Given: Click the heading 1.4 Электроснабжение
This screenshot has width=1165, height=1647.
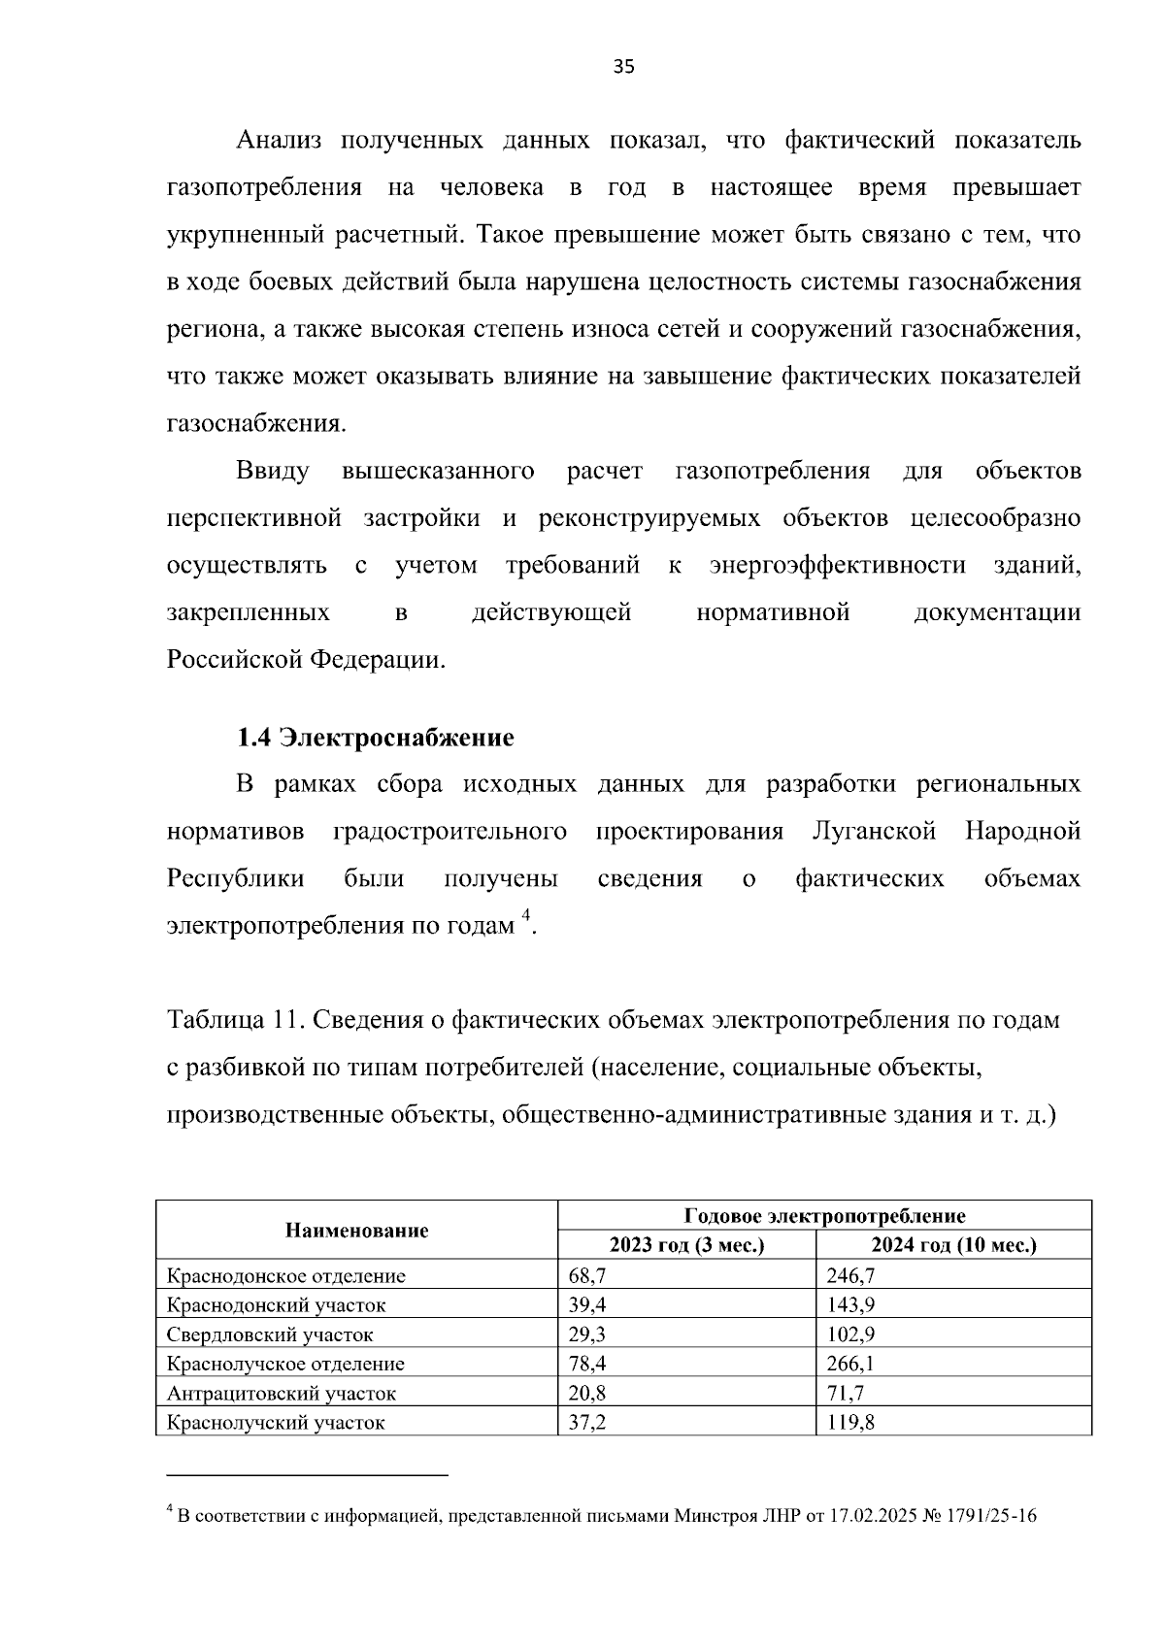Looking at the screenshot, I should pos(376,738).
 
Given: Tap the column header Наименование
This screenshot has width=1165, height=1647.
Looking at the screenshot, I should pos(356,1231).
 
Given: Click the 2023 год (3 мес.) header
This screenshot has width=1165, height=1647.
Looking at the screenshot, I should pos(686,1245).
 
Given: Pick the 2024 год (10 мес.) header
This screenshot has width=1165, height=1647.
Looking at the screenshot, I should pos(953,1245).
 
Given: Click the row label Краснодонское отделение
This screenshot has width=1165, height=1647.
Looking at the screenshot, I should pos(286,1276).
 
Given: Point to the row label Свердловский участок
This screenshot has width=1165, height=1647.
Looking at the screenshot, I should pos(270,1334).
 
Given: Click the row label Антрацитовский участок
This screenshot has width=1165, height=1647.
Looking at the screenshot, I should pos(282,1394).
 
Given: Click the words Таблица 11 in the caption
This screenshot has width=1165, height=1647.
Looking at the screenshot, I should pos(231,1020).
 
